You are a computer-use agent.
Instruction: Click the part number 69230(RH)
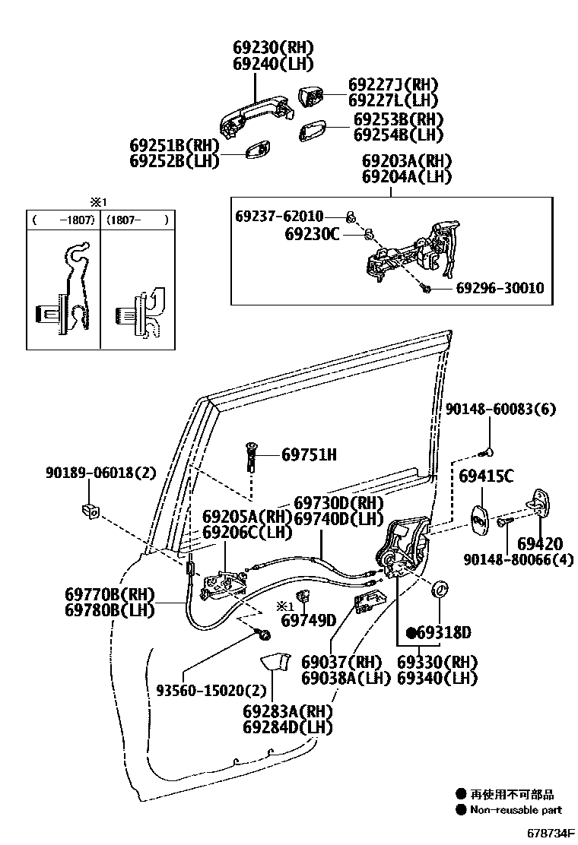pyautogui.click(x=273, y=47)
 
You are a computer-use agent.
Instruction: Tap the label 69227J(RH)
pyautogui.click(x=393, y=84)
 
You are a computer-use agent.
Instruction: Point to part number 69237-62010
pyautogui.click(x=279, y=217)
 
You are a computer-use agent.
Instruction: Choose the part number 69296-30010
pyautogui.click(x=500, y=289)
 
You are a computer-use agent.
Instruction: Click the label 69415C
pyautogui.click(x=486, y=476)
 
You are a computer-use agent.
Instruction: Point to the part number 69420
pyautogui.click(x=540, y=544)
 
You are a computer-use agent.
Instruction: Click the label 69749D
pyautogui.click(x=308, y=621)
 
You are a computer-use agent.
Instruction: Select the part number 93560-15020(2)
pyautogui.click(x=211, y=691)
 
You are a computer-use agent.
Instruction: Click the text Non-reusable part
pyautogui.click(x=515, y=810)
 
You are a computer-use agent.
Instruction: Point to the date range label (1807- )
pyautogui.click(x=137, y=220)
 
